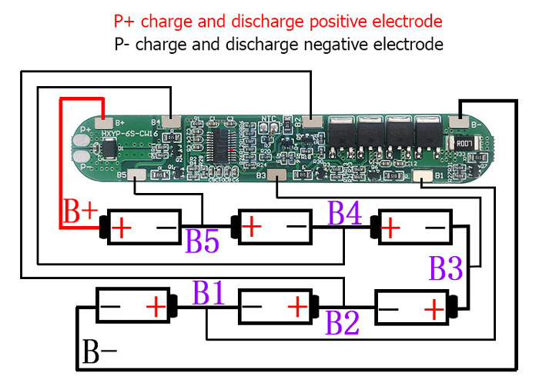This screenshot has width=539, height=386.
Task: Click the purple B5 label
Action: pos(202,241)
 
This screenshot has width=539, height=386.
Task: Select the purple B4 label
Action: pos(345,212)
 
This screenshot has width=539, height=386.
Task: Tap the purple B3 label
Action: pos(446,269)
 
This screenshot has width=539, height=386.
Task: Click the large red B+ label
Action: pos(80,212)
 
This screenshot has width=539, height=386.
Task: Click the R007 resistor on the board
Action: pos(463,143)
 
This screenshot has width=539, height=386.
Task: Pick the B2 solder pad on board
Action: pos(312,121)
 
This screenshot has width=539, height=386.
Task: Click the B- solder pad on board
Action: pos(457,121)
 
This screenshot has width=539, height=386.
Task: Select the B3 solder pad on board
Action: pos(271,176)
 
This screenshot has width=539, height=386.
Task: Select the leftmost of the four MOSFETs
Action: pos(340,130)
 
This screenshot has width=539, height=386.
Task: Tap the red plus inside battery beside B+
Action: pos(123,228)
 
